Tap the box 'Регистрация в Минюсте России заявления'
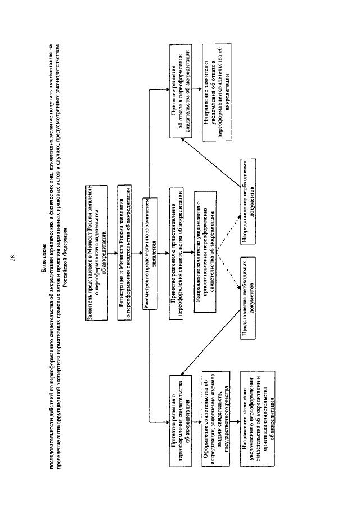[x=125, y=229]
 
